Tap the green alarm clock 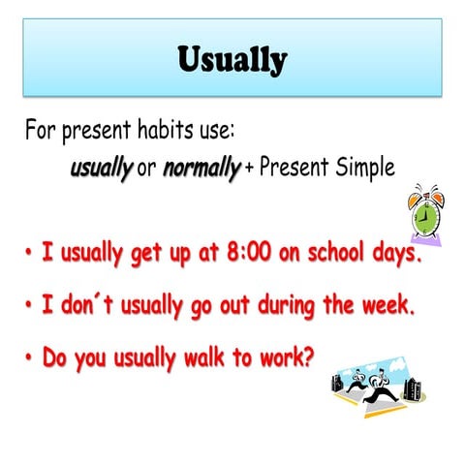(x=423, y=213)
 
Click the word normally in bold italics (x=201, y=168)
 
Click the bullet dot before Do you (x=29, y=357)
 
